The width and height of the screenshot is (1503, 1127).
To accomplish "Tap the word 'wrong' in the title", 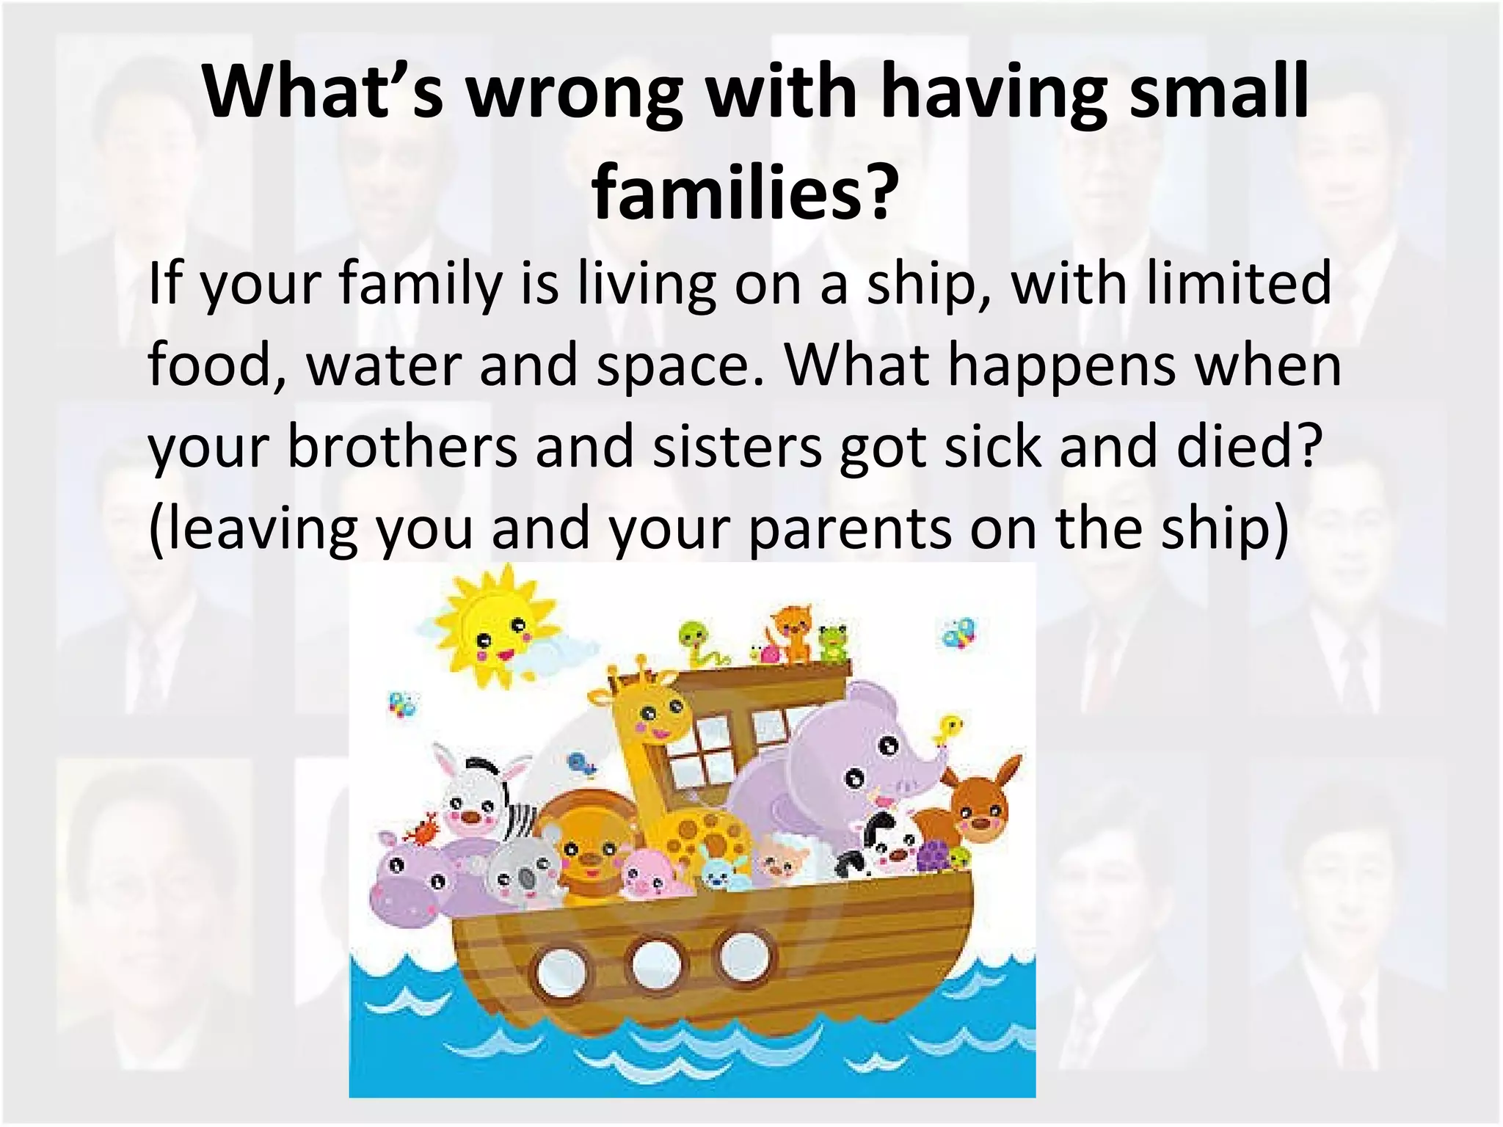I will click(x=575, y=93).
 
